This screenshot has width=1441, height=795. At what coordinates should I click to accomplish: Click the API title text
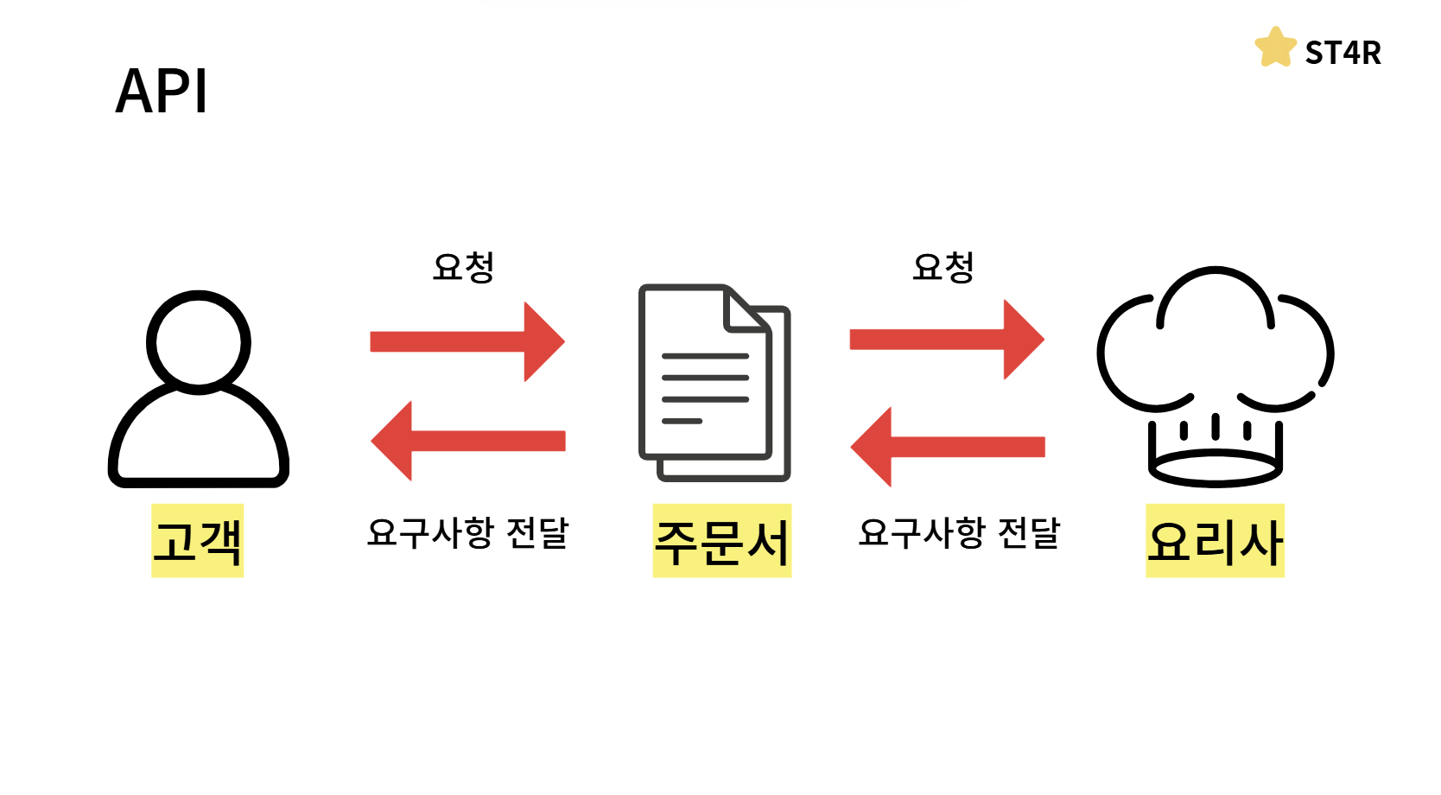[162, 92]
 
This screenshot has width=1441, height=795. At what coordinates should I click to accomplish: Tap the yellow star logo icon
[1275, 48]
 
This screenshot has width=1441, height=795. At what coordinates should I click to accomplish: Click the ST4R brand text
[1343, 54]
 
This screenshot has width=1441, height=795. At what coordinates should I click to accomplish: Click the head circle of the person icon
[199, 342]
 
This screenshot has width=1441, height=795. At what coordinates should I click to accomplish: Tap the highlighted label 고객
[198, 541]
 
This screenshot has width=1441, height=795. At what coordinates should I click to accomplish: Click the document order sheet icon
[714, 382]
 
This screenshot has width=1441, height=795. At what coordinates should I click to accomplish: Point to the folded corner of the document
[745, 313]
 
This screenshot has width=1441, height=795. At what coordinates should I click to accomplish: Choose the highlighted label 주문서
[722, 541]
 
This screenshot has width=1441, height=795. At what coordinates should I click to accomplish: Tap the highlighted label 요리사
[1215, 541]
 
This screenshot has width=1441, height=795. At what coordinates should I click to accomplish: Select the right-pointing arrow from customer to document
[467, 341]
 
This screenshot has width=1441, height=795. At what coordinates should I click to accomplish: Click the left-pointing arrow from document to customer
[467, 441]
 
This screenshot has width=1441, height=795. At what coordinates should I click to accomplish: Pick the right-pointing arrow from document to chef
[947, 340]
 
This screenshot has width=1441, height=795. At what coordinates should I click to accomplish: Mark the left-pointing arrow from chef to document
[947, 447]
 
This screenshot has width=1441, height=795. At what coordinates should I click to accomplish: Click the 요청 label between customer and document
[464, 267]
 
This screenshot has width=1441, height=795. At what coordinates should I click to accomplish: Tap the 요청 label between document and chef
[943, 267]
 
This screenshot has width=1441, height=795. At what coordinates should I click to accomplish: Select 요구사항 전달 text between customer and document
[467, 532]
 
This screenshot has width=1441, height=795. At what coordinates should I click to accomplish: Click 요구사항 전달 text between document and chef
[959, 532]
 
